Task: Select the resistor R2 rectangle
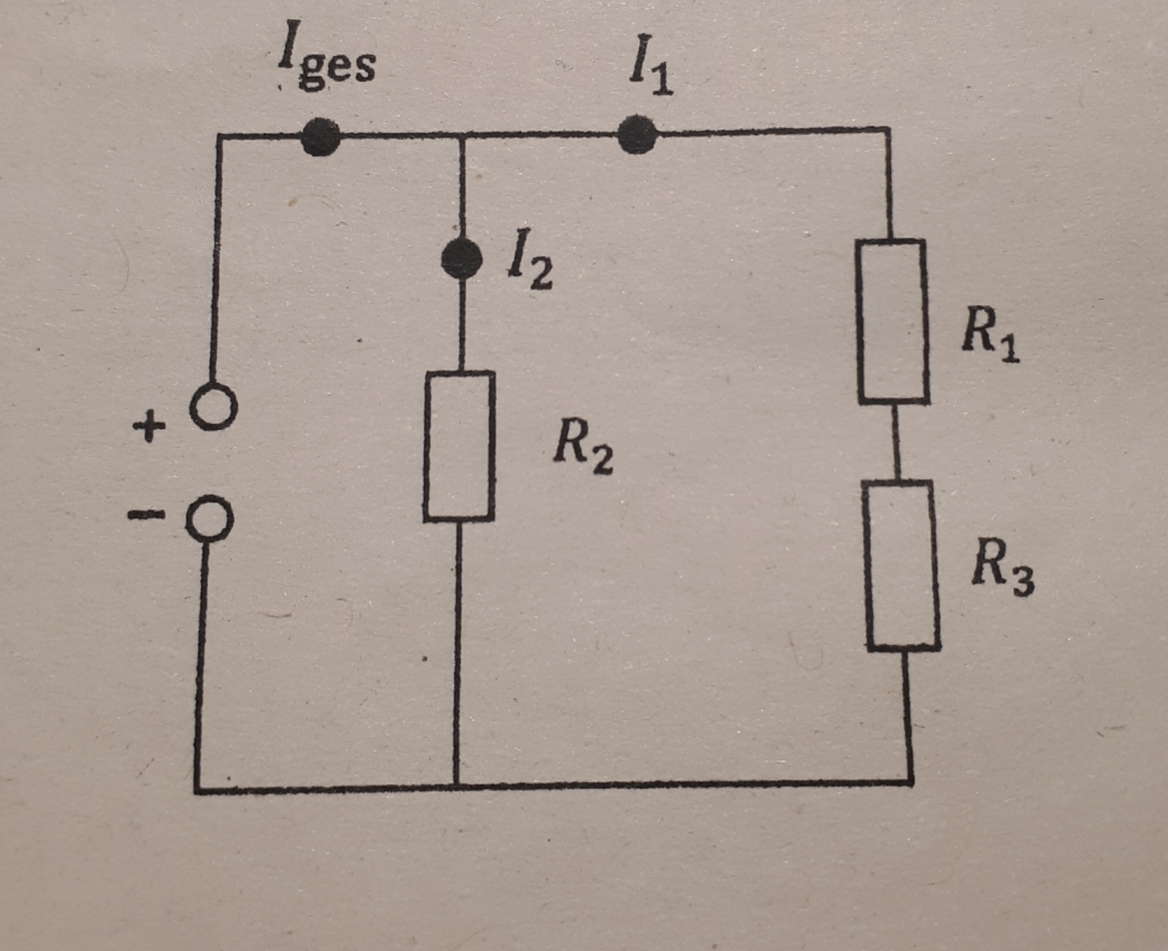[460, 446]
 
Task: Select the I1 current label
[651, 73]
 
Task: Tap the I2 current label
[529, 268]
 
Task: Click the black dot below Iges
[321, 137]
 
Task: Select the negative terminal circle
[209, 518]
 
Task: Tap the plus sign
[149, 426]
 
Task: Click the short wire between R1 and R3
[896, 442]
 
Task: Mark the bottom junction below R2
[457, 786]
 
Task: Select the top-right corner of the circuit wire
[889, 129]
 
